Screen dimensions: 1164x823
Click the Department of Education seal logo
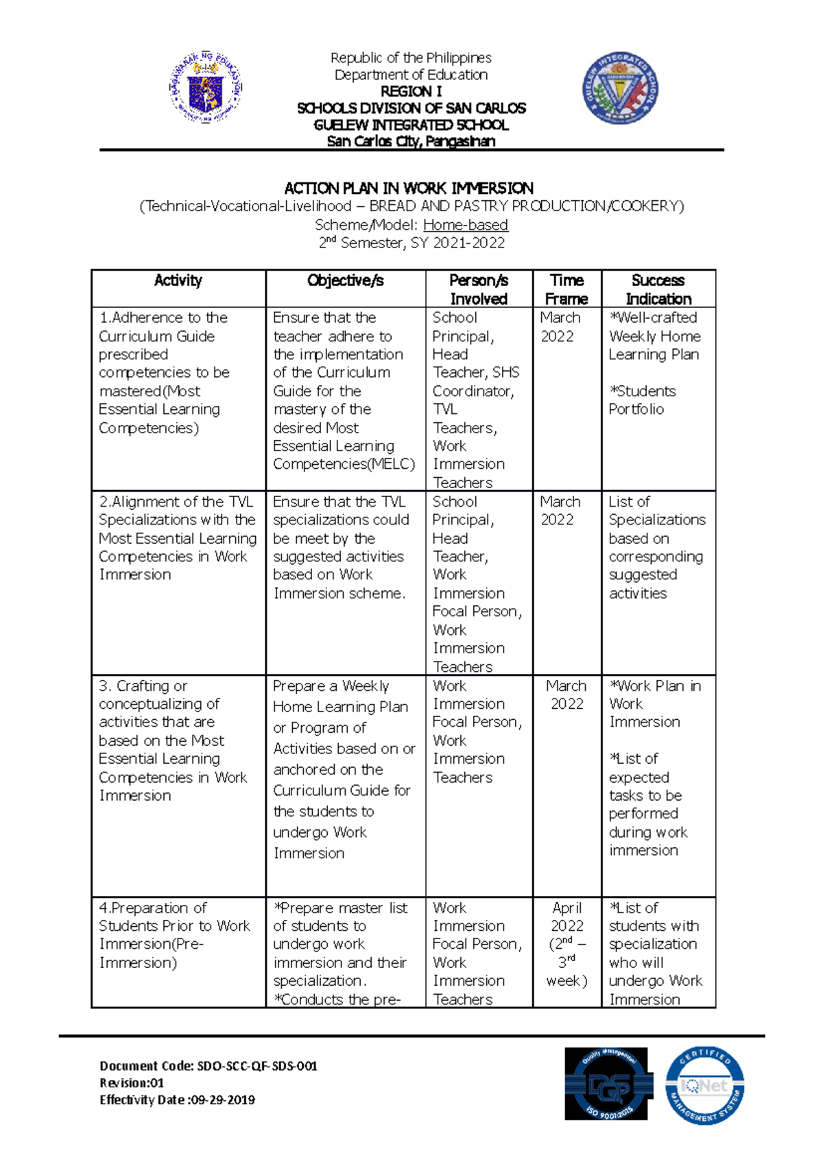pyautogui.click(x=206, y=88)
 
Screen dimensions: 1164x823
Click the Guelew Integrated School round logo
pyautogui.click(x=620, y=88)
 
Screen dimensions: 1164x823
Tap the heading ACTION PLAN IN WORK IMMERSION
pyautogui.click(x=409, y=188)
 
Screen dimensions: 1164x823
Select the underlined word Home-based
pyautogui.click(x=465, y=225)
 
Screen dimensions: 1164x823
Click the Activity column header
pyautogui.click(x=178, y=280)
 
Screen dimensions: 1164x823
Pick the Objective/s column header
pyautogui.click(x=345, y=280)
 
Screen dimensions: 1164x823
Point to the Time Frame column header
pyautogui.click(x=566, y=289)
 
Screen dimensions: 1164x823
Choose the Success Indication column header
pyautogui.click(x=658, y=289)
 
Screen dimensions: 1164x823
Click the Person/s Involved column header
pyautogui.click(x=478, y=289)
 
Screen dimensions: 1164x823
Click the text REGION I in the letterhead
pyautogui.click(x=411, y=91)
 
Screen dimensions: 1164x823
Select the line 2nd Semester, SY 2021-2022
pyautogui.click(x=411, y=243)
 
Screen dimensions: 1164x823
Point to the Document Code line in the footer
pyautogui.click(x=208, y=1066)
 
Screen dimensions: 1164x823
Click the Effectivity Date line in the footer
pyautogui.click(x=177, y=1100)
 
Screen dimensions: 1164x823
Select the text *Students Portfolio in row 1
pyautogui.click(x=642, y=400)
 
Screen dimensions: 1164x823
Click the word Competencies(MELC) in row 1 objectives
pyautogui.click(x=344, y=464)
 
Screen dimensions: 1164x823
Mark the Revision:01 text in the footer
pyautogui.click(x=132, y=1083)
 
